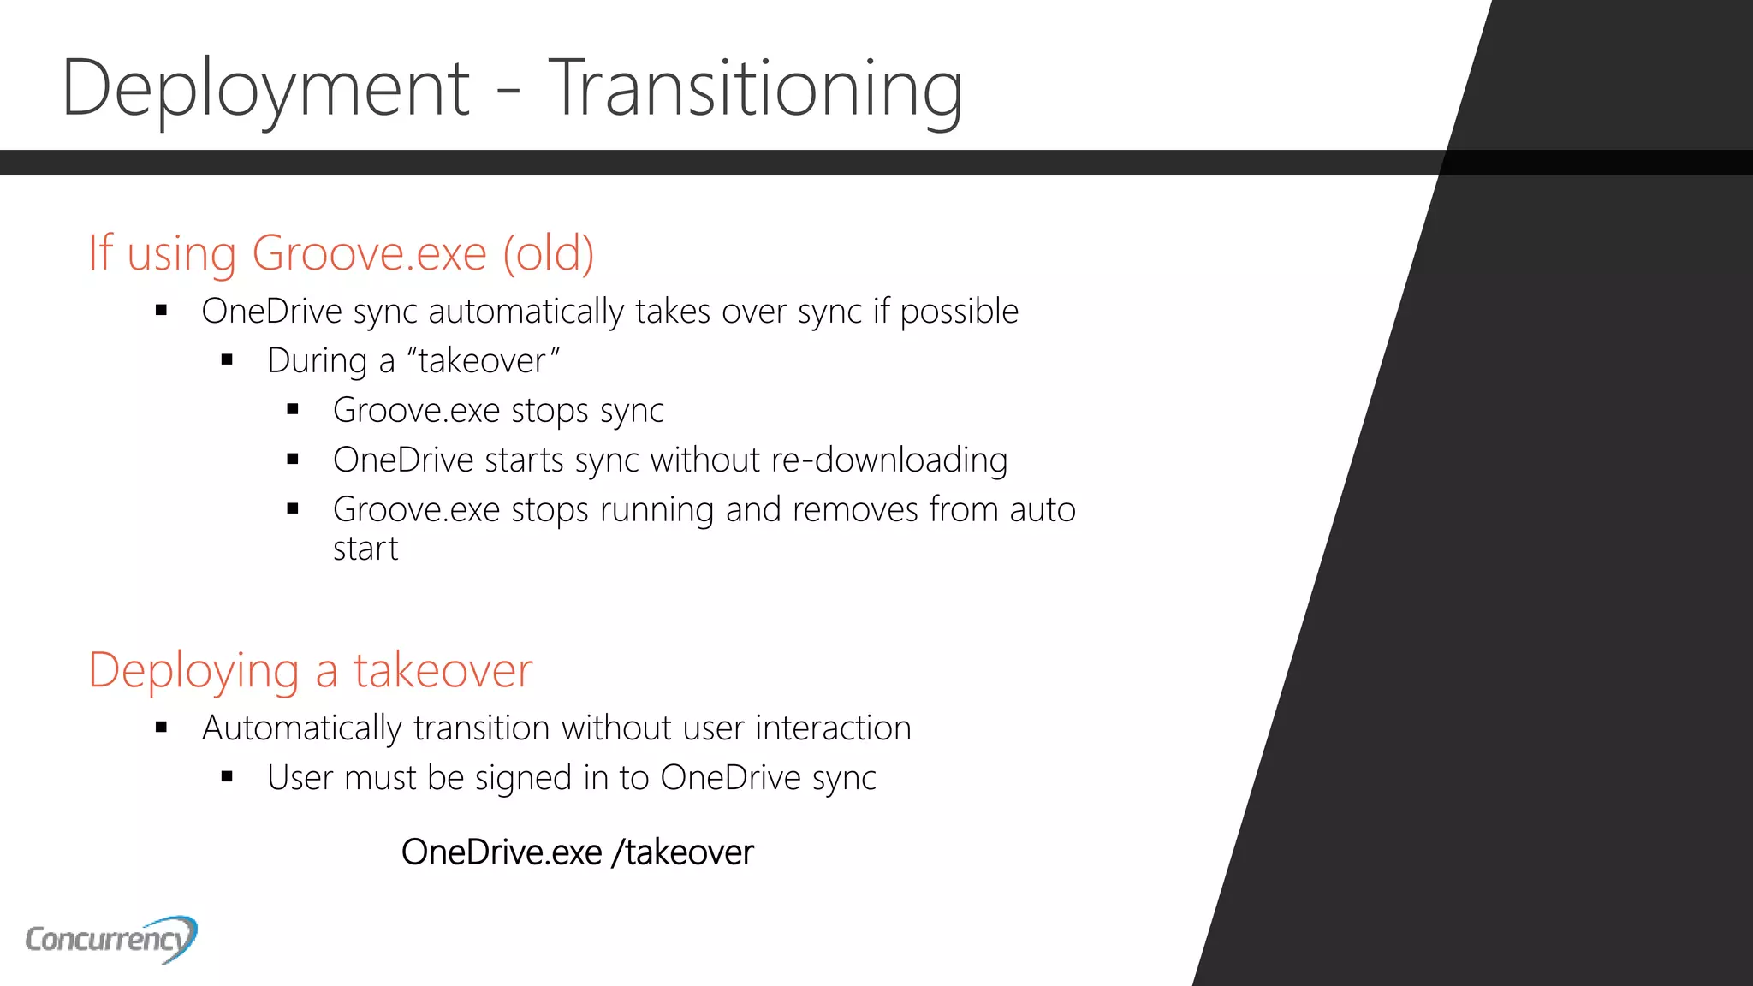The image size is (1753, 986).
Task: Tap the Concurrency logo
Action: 111,939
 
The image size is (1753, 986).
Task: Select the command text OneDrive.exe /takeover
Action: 577,852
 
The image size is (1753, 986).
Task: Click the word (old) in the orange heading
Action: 548,253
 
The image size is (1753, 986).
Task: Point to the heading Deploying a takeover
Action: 310,670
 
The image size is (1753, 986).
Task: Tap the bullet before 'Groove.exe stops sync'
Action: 293,410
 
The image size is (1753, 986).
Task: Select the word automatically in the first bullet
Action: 526,312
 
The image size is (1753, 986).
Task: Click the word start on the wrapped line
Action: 365,549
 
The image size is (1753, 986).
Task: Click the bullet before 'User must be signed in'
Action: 227,778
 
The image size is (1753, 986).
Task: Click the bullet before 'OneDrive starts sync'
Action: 293,460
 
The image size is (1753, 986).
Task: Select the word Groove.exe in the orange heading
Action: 369,253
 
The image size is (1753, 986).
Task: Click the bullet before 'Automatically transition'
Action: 161,728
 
